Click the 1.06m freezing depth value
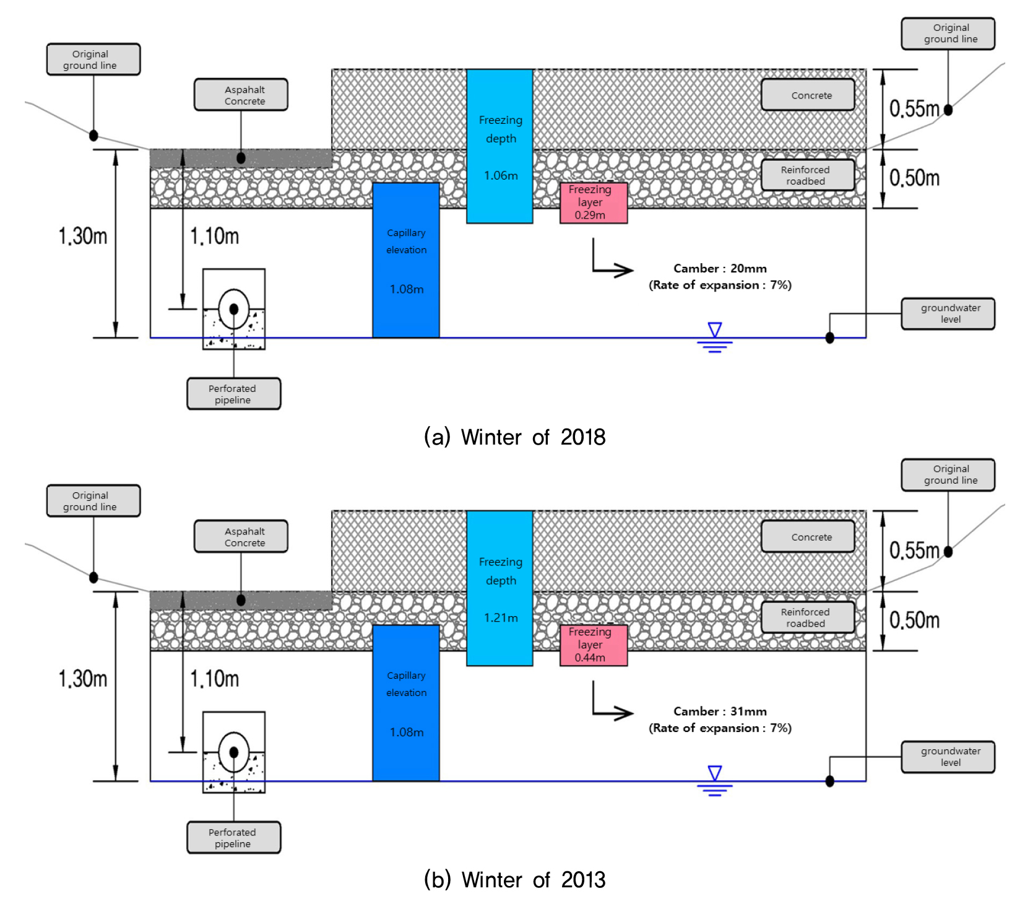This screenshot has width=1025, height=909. pos(501,175)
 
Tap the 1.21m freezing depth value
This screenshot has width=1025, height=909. pos(501,617)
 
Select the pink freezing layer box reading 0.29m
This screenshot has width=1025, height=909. pos(593,202)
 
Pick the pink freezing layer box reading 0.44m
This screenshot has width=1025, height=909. pos(593,645)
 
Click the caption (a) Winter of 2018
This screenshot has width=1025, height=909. pos(514,437)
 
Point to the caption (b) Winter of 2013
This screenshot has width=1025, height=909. pos(514,879)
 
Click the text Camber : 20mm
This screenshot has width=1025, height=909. pos(720,268)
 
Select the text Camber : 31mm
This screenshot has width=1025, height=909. pos(720,711)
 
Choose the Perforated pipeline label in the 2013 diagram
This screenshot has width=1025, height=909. pos(233,837)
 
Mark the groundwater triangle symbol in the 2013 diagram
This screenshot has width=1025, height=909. pos(715,773)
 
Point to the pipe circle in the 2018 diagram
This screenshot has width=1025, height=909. pos(234,308)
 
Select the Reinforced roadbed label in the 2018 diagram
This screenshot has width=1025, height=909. pos(808,175)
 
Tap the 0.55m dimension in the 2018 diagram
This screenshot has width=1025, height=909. pos(914,109)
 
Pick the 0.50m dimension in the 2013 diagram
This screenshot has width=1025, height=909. pos(914,620)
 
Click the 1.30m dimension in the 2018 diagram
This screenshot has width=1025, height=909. pos(83,236)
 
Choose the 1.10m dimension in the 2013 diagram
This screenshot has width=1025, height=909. pos(214,679)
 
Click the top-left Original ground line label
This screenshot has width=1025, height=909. pos(93,59)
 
